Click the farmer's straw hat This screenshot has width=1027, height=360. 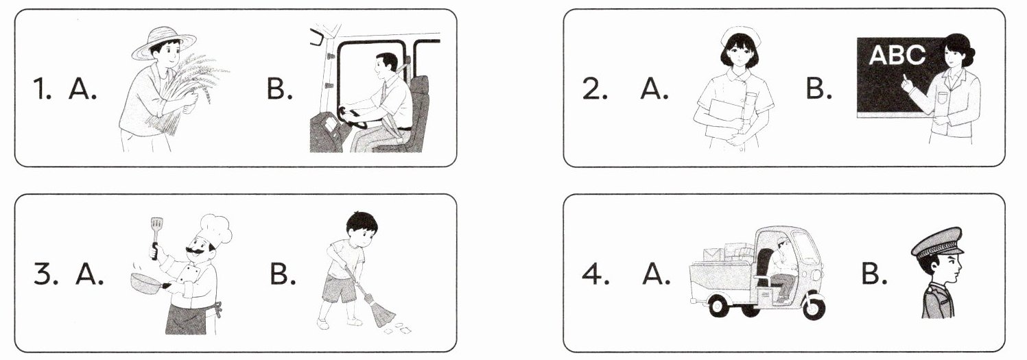click(x=163, y=43)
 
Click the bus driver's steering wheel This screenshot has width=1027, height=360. click(x=354, y=117)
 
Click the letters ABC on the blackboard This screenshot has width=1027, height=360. click(x=897, y=56)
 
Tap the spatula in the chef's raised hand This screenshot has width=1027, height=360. click(x=156, y=238)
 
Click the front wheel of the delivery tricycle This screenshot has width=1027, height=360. click(x=812, y=307)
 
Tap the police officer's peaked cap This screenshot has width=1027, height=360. click(x=937, y=242)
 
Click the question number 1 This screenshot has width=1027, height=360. click(x=42, y=88)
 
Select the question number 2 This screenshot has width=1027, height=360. click(x=595, y=89)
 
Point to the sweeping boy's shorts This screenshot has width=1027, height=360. click(x=340, y=289)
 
